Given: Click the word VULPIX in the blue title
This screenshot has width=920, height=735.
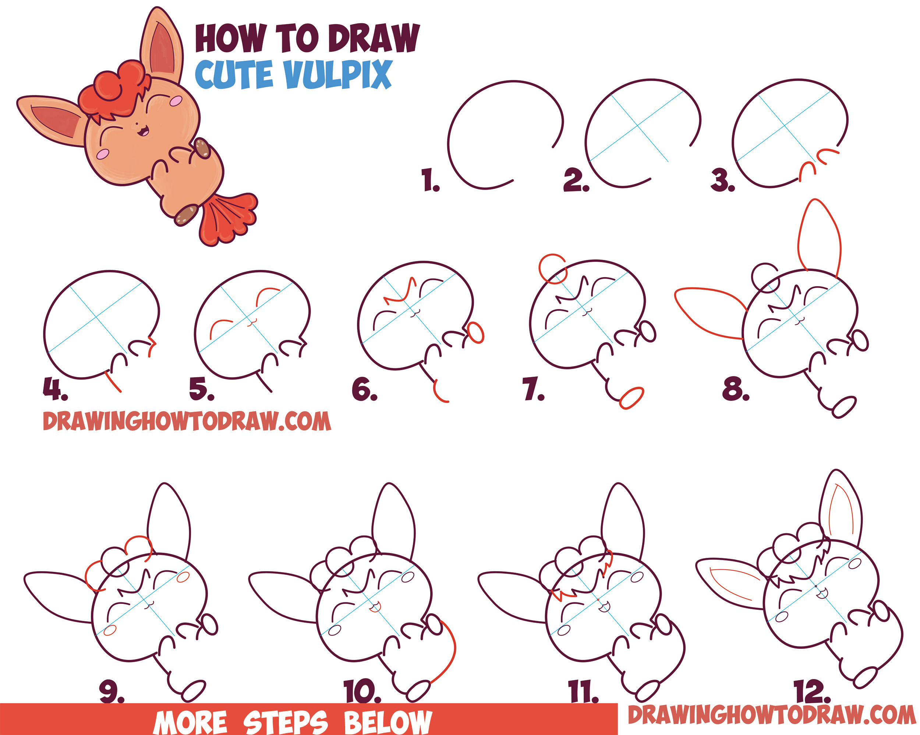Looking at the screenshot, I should [337, 75].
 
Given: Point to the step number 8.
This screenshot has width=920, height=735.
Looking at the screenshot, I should [735, 390].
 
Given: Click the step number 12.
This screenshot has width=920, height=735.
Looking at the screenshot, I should [811, 692].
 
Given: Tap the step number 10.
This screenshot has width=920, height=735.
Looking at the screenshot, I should [362, 692].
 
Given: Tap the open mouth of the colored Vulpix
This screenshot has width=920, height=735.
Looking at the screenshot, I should [144, 131].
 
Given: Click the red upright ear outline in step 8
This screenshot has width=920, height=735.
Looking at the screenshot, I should [819, 235].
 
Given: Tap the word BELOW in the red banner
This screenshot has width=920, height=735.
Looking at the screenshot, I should [388, 722].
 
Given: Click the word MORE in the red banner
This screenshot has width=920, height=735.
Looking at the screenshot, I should [190, 722].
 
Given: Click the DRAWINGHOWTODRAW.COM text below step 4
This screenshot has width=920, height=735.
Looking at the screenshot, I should [187, 422].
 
